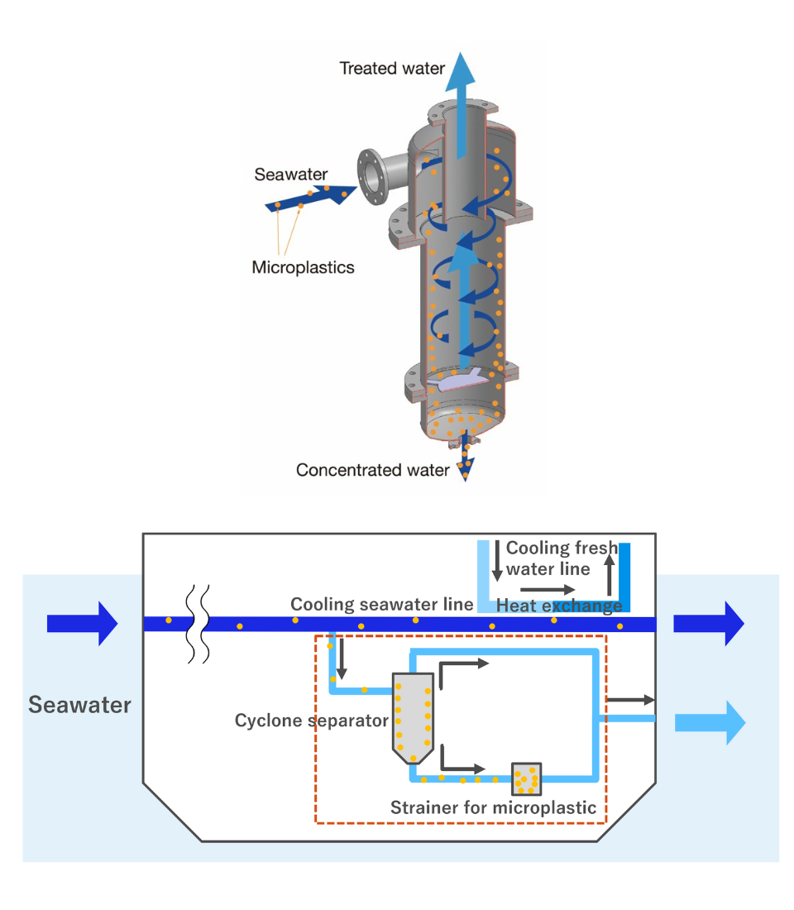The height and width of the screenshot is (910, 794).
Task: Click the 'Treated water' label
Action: (392, 69)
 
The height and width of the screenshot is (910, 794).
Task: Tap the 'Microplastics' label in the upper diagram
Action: (303, 267)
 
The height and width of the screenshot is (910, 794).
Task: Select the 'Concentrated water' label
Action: (372, 471)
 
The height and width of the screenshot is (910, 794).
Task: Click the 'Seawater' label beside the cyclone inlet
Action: (290, 175)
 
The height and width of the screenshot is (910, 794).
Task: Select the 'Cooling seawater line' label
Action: (381, 604)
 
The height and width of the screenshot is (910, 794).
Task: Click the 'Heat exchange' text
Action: (558, 606)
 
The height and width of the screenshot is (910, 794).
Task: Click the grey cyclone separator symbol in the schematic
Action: (414, 716)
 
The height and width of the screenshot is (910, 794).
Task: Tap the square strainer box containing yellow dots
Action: (526, 778)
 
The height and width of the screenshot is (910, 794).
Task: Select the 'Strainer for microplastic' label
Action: (493, 807)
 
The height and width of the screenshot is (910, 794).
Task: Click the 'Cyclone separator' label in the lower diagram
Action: (311, 721)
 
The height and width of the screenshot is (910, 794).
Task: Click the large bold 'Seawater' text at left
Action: (79, 705)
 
